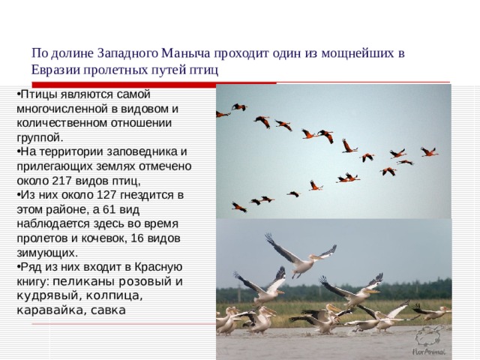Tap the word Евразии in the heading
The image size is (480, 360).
[56, 70]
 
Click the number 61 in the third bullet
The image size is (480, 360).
[130, 208]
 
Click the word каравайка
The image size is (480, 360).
[46, 309]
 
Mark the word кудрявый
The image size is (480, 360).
[44, 295]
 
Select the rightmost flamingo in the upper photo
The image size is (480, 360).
[429, 151]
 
